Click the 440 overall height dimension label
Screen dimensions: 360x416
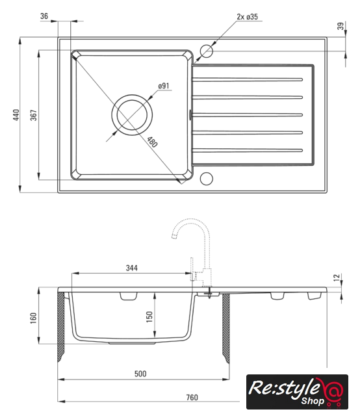click(x=16, y=115)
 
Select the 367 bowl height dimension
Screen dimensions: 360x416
click(x=34, y=115)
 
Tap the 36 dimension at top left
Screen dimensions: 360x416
click(x=44, y=16)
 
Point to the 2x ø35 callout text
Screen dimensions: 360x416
click(x=247, y=17)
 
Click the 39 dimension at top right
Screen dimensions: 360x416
click(x=341, y=26)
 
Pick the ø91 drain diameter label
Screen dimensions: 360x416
click(x=164, y=86)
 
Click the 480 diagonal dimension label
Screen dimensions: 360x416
click(x=152, y=142)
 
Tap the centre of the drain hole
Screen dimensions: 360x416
click(x=132, y=115)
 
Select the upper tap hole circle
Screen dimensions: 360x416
click(x=207, y=51)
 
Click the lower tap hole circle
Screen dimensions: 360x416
click(x=207, y=179)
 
